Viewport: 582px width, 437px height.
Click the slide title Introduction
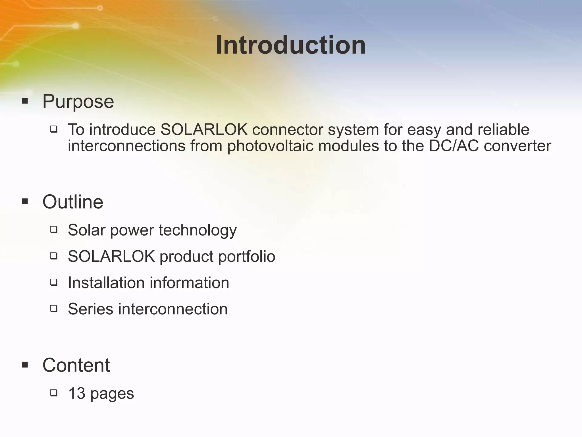(x=291, y=46)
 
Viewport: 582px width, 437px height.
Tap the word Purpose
(x=78, y=102)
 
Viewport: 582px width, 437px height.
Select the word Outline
(x=73, y=202)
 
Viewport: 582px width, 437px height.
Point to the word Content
(x=76, y=365)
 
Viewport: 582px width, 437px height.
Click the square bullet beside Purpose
(x=25, y=101)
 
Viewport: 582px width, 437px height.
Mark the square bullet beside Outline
(x=25, y=202)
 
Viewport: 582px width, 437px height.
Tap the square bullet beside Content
(x=25, y=365)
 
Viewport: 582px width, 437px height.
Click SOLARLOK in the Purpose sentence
(x=204, y=130)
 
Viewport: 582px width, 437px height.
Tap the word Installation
(x=106, y=283)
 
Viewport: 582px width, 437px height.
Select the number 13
(x=77, y=394)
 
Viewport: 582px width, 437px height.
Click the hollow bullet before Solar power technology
(x=54, y=230)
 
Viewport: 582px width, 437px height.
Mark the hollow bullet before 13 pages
(x=54, y=393)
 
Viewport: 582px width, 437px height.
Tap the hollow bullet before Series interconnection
(x=54, y=309)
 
